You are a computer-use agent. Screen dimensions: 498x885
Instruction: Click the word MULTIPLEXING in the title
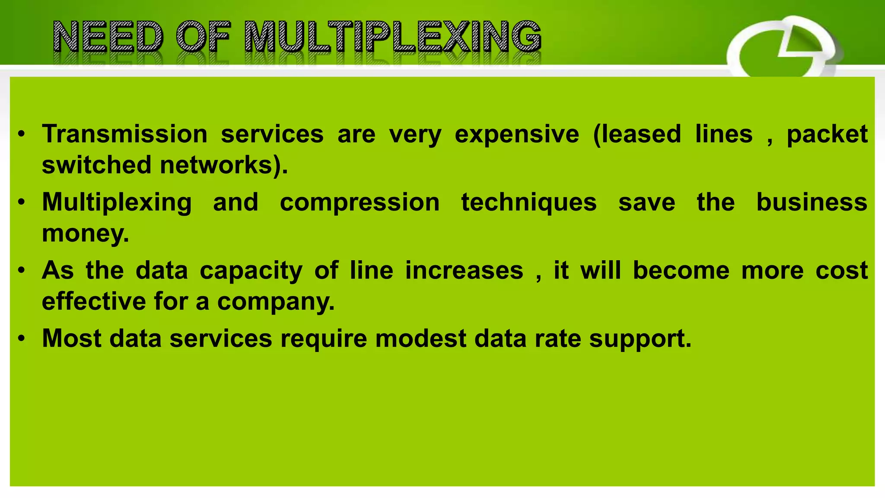[392, 37]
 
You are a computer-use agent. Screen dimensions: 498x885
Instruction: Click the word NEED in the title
[108, 37]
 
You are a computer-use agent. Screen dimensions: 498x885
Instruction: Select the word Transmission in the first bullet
[125, 134]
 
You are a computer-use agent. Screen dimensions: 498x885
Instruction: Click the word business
[812, 202]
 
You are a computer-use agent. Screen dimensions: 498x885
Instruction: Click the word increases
[464, 271]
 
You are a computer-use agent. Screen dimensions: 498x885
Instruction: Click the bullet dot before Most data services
[22, 338]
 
